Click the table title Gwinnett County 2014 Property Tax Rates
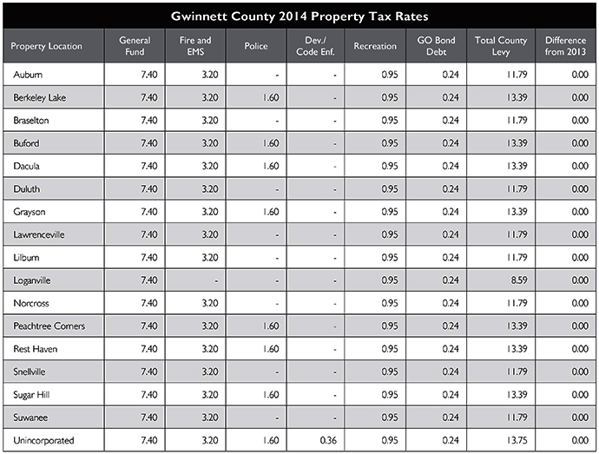(299, 16)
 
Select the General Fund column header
(135, 46)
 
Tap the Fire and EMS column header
(195, 46)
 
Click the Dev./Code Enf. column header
(315, 46)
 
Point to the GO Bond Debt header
(436, 46)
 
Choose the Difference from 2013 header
(565, 46)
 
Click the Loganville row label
(32, 280)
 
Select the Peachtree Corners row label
(49, 326)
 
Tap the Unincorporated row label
(43, 441)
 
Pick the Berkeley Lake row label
(39, 97)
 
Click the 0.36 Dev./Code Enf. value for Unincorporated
(328, 440)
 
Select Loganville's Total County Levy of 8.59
(519, 280)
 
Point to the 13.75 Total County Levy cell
(517, 440)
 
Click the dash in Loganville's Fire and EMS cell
(216, 281)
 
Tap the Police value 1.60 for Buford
(271, 143)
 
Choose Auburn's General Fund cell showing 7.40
(149, 74)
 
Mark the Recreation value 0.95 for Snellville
(390, 372)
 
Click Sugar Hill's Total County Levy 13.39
(517, 394)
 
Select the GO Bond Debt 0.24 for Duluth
(451, 188)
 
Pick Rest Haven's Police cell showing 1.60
(271, 348)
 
